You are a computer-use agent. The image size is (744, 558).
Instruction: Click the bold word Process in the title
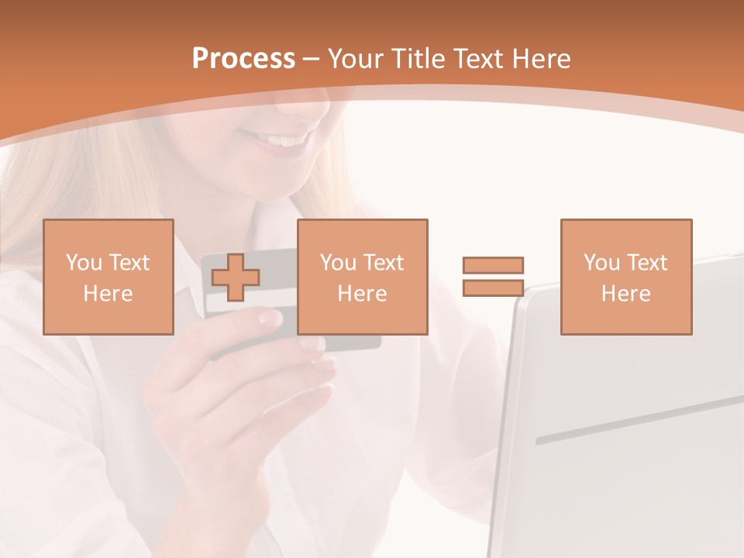pos(243,58)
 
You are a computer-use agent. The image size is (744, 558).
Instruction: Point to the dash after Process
pos(311,60)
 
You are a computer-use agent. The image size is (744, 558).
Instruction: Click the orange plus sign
pos(236,277)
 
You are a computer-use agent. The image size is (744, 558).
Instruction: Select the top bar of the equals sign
pos(493,265)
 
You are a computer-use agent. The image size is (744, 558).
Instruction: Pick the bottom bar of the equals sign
pos(493,288)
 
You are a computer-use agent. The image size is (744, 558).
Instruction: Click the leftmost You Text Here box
pos(108,277)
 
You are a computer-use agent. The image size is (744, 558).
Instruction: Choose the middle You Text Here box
pos(362,277)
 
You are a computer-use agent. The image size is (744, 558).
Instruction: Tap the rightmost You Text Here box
pos(625,277)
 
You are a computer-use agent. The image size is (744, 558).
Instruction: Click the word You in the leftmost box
pos(82,263)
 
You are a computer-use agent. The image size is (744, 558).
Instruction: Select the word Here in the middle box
pos(362,294)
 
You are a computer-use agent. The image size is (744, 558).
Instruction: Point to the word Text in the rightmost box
pos(646,263)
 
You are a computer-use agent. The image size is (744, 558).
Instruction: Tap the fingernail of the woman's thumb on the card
pos(268,317)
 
